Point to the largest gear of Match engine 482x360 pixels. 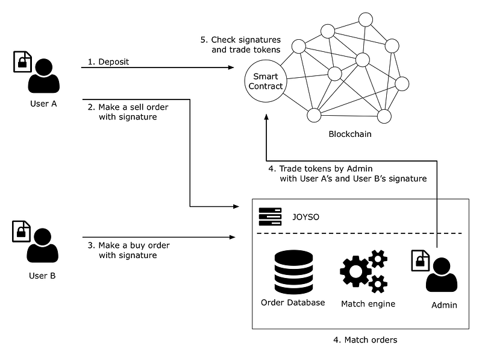[x=355, y=272]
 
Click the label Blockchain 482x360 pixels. [x=350, y=134]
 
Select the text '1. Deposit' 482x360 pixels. [x=109, y=62]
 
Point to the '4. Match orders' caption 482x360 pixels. [x=365, y=340]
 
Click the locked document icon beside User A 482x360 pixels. [x=22, y=62]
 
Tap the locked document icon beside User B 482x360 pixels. [x=22, y=232]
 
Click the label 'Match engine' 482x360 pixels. [x=368, y=304]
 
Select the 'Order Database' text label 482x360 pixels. [x=293, y=303]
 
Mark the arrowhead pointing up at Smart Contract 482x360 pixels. [x=265, y=119]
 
